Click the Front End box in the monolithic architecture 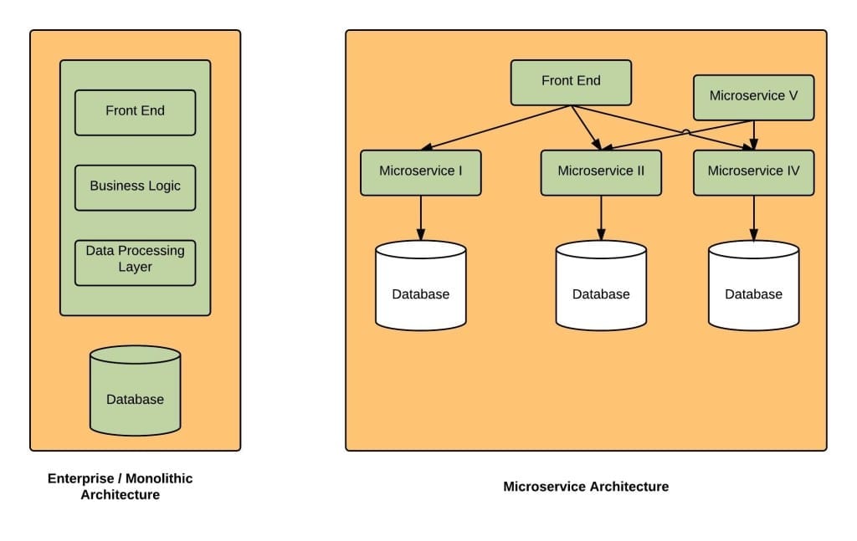(x=135, y=112)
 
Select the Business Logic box (x=135, y=186)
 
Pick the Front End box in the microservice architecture (x=571, y=82)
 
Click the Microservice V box (x=753, y=96)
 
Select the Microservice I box (x=420, y=172)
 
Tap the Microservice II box (x=601, y=172)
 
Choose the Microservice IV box (x=753, y=172)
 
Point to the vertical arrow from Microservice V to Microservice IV (x=754, y=134)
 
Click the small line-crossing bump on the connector (x=685, y=132)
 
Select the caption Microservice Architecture (x=586, y=487)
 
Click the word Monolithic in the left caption (x=159, y=479)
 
